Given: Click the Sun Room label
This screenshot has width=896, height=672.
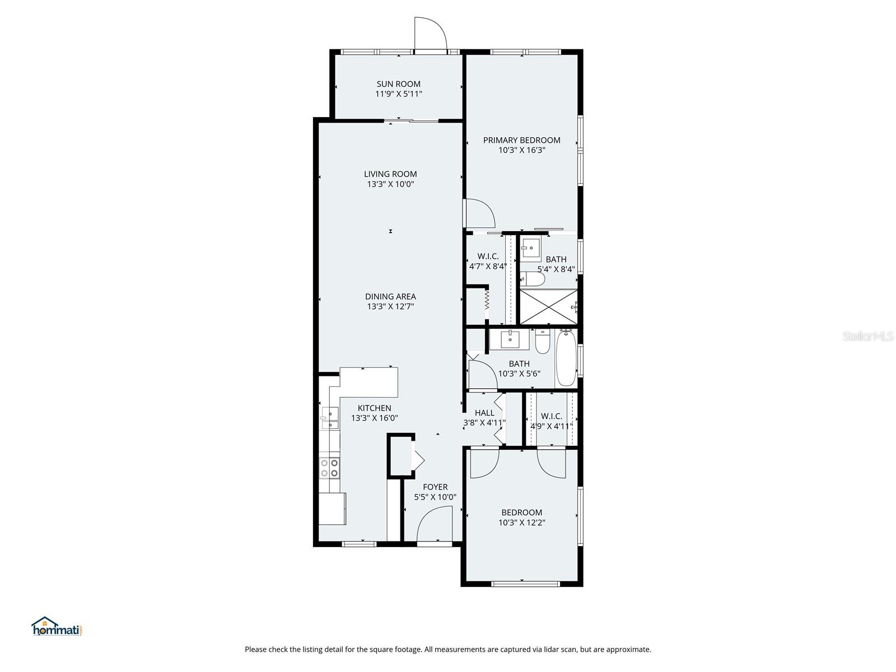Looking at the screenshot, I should click(398, 84).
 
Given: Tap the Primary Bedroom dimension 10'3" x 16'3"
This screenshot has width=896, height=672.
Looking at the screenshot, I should click(521, 150).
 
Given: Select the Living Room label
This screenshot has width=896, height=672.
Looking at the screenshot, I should click(390, 174).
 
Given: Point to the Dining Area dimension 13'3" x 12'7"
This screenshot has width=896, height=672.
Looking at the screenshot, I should click(390, 306).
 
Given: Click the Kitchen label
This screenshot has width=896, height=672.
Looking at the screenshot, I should click(374, 408).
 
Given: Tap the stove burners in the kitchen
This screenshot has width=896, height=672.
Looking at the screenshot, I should click(329, 468).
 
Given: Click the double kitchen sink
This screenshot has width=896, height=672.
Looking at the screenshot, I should click(330, 418).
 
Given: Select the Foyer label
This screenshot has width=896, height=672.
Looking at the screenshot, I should click(435, 487).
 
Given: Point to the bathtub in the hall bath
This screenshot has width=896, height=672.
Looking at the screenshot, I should click(566, 358).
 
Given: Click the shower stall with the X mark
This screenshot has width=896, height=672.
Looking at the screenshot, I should click(548, 306).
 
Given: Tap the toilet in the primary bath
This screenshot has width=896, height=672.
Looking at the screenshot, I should click(531, 279).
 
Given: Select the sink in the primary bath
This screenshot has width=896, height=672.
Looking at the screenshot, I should click(530, 246).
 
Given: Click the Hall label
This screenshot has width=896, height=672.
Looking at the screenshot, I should click(484, 413).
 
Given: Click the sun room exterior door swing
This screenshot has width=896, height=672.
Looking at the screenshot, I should click(430, 34).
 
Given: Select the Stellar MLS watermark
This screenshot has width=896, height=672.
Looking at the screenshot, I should click(868, 336).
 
